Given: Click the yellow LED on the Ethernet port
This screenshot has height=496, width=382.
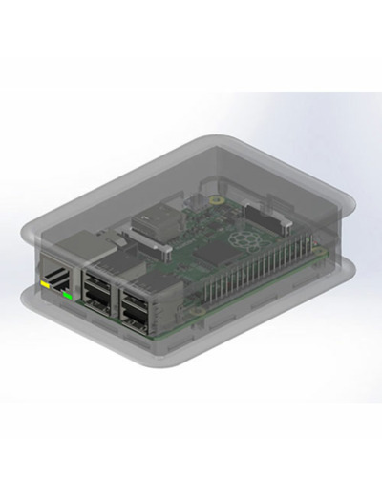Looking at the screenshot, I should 45,283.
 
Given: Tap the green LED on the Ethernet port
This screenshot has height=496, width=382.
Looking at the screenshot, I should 67,295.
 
